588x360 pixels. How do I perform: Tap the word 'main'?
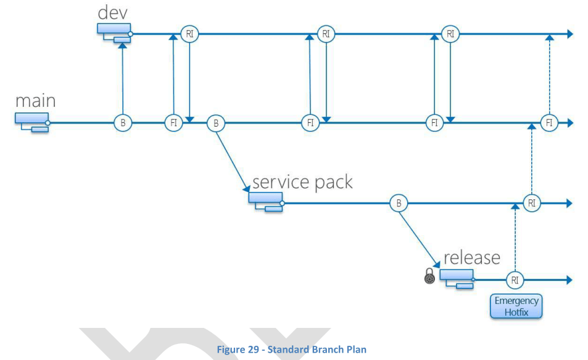point(36,101)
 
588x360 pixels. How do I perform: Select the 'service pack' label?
point(302,182)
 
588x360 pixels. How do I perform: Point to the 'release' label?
point(472,257)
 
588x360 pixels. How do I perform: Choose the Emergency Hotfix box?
point(516,306)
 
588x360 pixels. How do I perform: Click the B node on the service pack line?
point(399,203)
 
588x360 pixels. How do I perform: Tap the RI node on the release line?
point(515,280)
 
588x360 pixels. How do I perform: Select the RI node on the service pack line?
point(531,203)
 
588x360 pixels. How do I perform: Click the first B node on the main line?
point(123,123)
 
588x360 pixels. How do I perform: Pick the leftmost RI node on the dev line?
point(189,34)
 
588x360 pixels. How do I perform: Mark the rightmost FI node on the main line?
point(549,123)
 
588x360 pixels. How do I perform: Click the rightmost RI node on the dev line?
point(450,34)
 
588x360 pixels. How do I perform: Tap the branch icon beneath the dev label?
point(115,33)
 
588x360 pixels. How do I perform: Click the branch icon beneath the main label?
point(33,122)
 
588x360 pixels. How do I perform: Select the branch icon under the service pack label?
point(267,201)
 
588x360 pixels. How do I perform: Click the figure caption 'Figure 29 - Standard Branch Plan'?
point(291,350)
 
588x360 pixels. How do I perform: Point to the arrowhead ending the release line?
point(569,280)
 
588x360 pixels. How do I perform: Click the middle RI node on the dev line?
point(326,34)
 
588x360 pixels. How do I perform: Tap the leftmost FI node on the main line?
point(174,123)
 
